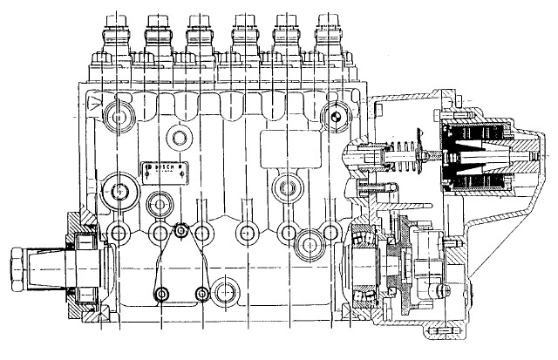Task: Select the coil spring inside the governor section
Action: click(397, 162)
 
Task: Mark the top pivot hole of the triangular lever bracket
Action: click(180, 231)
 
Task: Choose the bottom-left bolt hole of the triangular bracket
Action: click(161, 294)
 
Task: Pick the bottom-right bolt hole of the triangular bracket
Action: click(203, 294)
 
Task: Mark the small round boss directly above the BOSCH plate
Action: click(180, 136)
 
